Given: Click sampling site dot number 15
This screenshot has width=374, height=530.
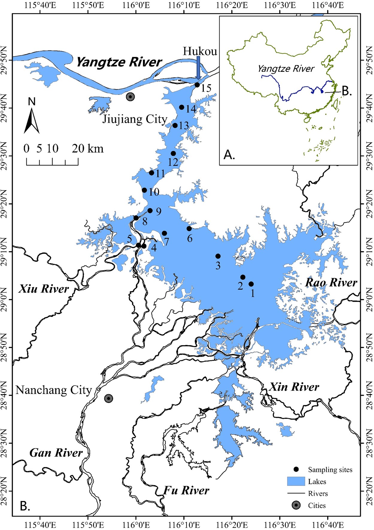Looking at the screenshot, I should [197, 85].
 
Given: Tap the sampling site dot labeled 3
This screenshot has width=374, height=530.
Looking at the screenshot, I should [218, 256].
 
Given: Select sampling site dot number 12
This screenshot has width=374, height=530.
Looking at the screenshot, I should [173, 154].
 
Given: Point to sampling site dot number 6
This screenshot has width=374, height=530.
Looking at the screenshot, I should [189, 229].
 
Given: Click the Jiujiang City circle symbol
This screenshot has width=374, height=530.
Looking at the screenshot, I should [130, 97].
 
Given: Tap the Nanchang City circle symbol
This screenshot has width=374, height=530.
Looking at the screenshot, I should [109, 398].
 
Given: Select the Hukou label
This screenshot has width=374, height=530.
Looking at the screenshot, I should [200, 51].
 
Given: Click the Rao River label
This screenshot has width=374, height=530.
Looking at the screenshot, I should [331, 283].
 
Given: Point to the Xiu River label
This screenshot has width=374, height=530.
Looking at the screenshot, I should [44, 289].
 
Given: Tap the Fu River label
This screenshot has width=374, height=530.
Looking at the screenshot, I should [186, 490].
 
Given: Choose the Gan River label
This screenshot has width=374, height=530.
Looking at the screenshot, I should [56, 453].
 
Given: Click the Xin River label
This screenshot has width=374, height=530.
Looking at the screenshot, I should [294, 387].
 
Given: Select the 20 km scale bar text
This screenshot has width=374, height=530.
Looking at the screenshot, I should [87, 148].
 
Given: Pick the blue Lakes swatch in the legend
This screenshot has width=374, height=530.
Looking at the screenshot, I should [296, 481].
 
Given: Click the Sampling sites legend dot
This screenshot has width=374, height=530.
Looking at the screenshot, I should [296, 469].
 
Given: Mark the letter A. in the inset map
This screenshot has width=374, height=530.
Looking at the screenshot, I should [229, 155].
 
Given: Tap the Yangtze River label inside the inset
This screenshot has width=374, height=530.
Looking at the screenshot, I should [286, 69].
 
